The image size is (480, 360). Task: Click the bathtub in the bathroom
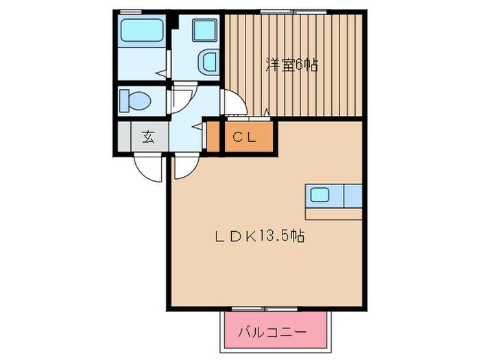[x=141, y=32]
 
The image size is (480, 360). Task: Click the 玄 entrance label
[x=148, y=136]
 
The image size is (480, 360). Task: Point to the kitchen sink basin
[x=320, y=194]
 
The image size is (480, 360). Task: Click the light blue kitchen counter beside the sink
[x=352, y=195]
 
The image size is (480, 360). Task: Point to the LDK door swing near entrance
[x=184, y=166]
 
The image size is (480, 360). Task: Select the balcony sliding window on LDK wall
[x=257, y=308]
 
